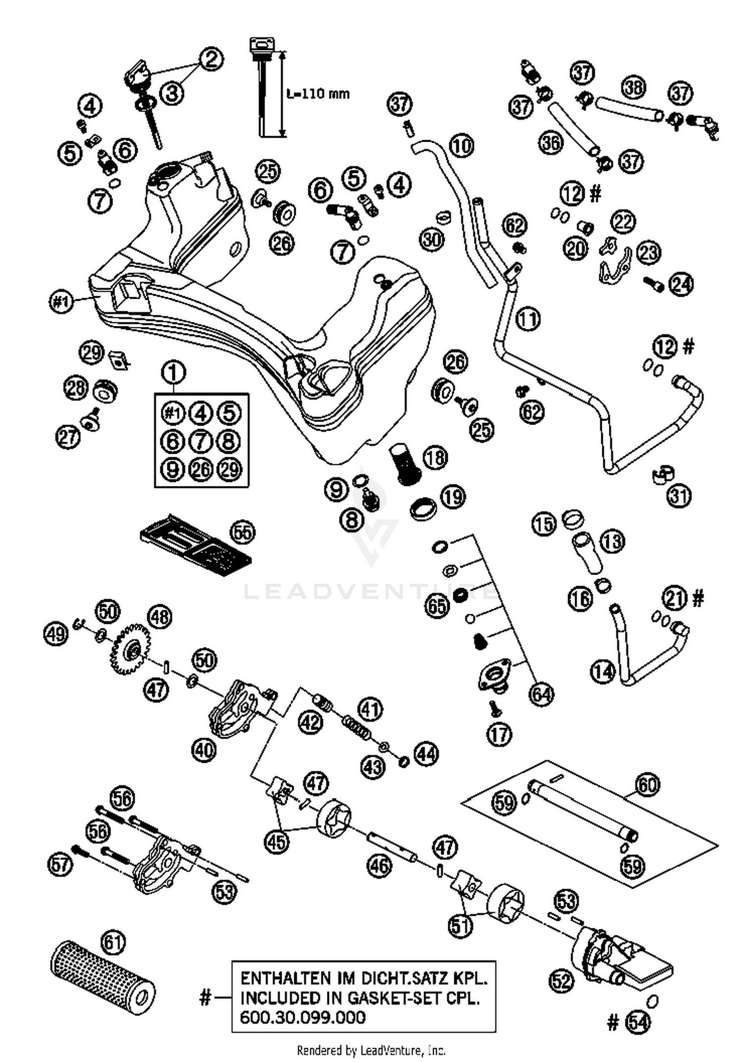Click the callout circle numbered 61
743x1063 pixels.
point(113,941)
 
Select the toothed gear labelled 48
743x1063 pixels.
point(132,650)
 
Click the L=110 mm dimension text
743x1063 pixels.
point(318,93)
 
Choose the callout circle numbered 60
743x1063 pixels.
point(647,785)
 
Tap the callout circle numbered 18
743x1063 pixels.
point(435,457)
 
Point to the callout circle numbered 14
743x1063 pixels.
point(603,672)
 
